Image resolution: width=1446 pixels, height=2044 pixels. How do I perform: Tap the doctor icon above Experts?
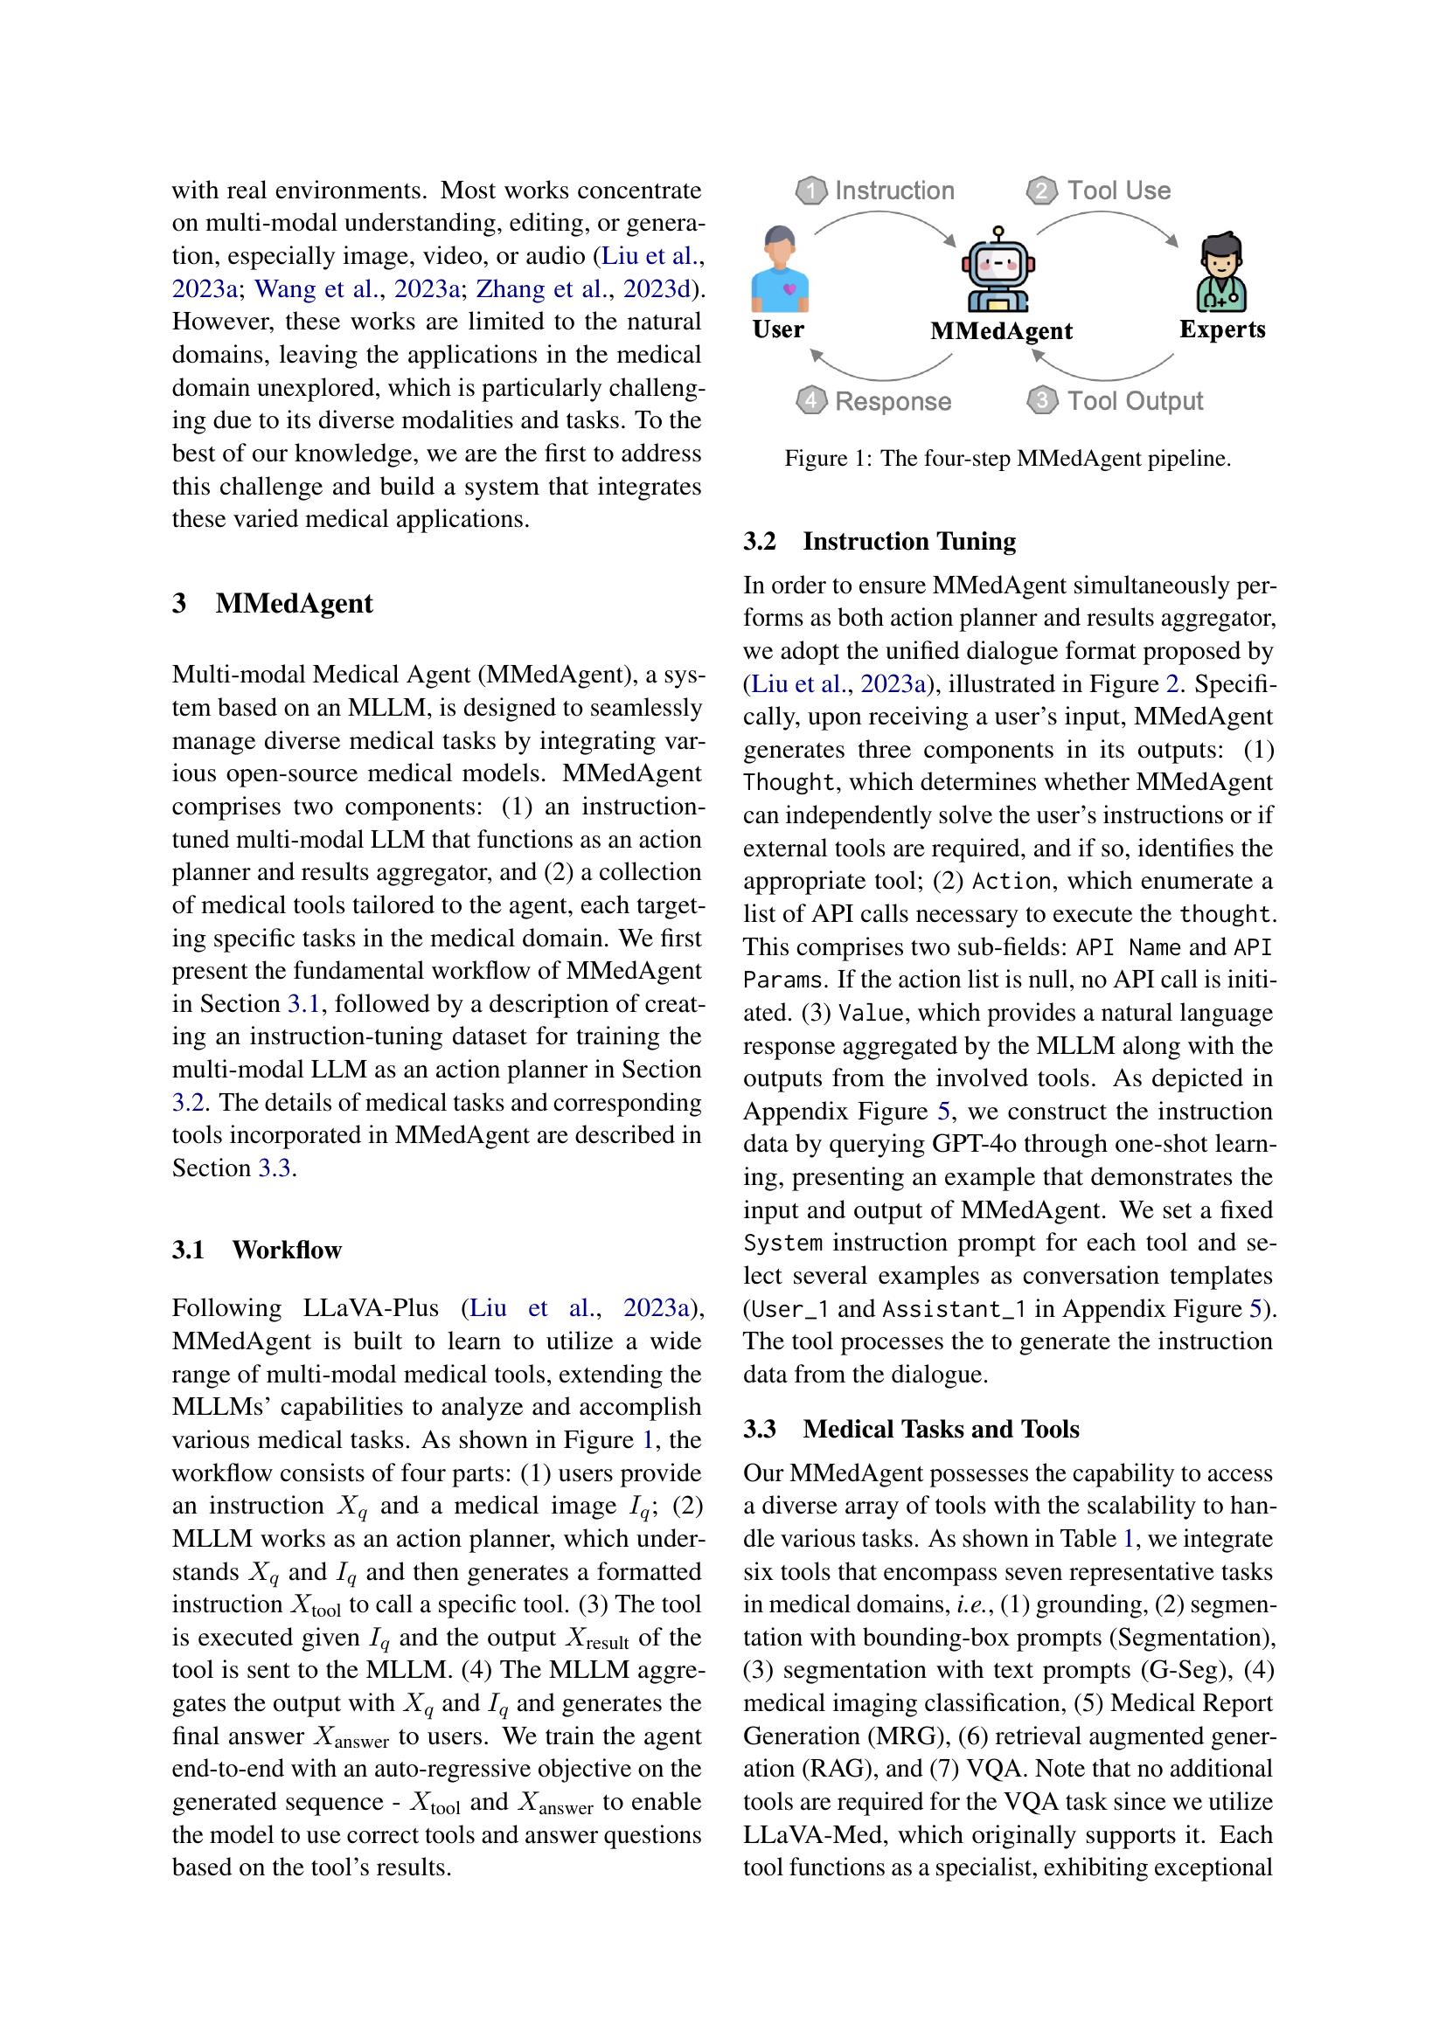pos(1220,272)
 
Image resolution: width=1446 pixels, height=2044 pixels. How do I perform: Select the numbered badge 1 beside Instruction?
pos(810,191)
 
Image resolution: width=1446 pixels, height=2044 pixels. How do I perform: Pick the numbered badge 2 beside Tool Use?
pos(1042,191)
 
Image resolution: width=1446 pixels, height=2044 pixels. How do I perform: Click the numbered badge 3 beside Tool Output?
pos(1042,400)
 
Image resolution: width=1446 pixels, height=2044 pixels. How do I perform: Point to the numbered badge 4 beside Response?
pos(810,401)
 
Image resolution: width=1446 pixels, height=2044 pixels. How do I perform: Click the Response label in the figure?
pos(893,401)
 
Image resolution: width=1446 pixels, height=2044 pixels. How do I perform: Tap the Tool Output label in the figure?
pos(1136,400)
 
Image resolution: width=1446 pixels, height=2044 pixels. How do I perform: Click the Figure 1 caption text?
pos(1007,459)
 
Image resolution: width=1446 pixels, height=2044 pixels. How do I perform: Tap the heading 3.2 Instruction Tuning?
pos(879,541)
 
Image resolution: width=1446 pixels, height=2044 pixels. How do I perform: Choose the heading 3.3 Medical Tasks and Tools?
pos(911,1429)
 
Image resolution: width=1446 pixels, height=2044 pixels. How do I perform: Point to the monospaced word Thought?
pos(789,782)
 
